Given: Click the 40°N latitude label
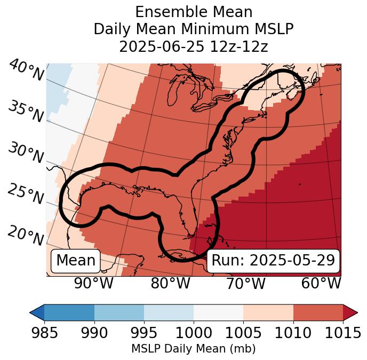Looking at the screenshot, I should tap(26, 71).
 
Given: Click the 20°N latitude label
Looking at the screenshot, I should tap(25, 235).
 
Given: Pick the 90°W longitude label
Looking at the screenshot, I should tap(93, 283).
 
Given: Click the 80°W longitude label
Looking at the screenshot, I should tap(170, 283).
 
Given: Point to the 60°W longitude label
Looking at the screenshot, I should tap(321, 283).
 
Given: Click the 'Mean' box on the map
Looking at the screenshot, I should tap(76, 261).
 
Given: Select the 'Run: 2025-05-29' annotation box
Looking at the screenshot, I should tap(273, 261).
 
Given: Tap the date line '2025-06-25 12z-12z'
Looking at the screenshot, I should tap(194, 46).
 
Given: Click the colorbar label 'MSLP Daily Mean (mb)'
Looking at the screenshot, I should tap(194, 349).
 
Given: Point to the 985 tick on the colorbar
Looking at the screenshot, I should tap(44, 333).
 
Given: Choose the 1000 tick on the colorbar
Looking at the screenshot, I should tap(194, 333).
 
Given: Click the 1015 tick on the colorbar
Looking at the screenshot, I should tap(341, 333).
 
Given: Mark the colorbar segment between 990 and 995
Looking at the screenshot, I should tap(119, 312).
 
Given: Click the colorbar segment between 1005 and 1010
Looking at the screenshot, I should tap(268, 312).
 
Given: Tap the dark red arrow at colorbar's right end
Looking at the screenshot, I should tap(350, 312).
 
